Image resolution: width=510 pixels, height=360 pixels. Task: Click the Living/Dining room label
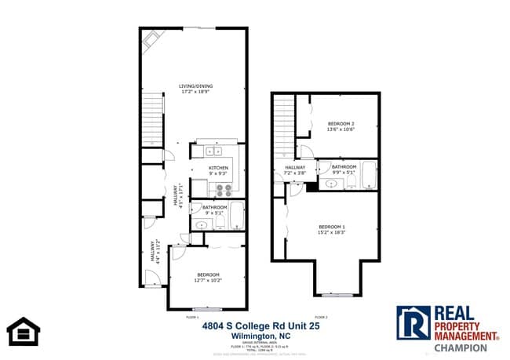196,89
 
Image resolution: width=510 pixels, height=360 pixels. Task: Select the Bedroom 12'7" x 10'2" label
208,276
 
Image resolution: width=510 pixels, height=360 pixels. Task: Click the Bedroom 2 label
341,126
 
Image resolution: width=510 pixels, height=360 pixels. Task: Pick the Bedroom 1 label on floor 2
331,230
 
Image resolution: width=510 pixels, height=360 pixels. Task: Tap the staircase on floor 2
284,125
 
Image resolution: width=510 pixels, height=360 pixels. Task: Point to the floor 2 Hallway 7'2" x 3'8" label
295,170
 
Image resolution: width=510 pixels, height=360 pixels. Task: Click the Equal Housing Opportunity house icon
24,331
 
